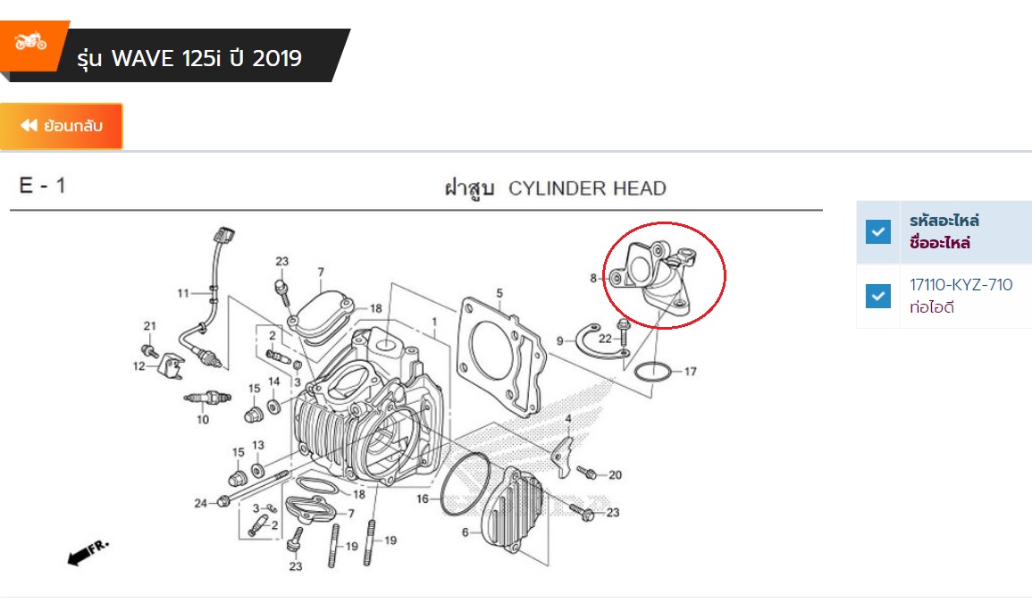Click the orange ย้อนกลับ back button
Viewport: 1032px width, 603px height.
62,126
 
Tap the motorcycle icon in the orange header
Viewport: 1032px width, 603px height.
30,42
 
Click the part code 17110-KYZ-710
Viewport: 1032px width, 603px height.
961,284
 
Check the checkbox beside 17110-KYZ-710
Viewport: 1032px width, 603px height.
878,297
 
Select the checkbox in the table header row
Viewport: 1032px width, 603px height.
878,231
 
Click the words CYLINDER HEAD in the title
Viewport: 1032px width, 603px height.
587,188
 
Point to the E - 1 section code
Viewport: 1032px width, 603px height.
42,186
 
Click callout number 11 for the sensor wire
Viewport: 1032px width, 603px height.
183,293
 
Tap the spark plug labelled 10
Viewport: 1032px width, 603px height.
207,398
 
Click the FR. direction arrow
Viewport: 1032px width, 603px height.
88,553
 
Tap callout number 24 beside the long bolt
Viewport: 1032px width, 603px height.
201,503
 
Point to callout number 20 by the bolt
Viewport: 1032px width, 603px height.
616,474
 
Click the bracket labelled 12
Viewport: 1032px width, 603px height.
171,365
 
